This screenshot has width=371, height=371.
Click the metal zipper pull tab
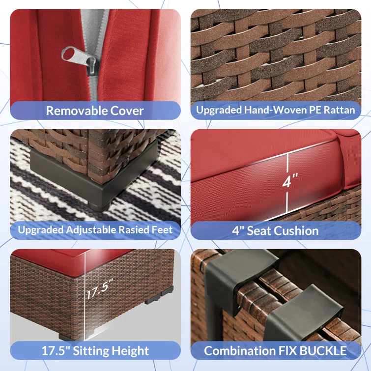click(x=78, y=57)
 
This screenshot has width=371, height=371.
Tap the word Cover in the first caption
click(x=127, y=111)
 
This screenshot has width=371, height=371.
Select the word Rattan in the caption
click(x=339, y=110)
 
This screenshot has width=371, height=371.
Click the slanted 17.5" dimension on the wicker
click(x=100, y=289)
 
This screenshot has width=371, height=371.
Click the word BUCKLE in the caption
click(x=323, y=351)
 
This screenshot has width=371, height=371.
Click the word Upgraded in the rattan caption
click(x=219, y=110)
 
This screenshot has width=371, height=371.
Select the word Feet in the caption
click(x=163, y=230)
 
